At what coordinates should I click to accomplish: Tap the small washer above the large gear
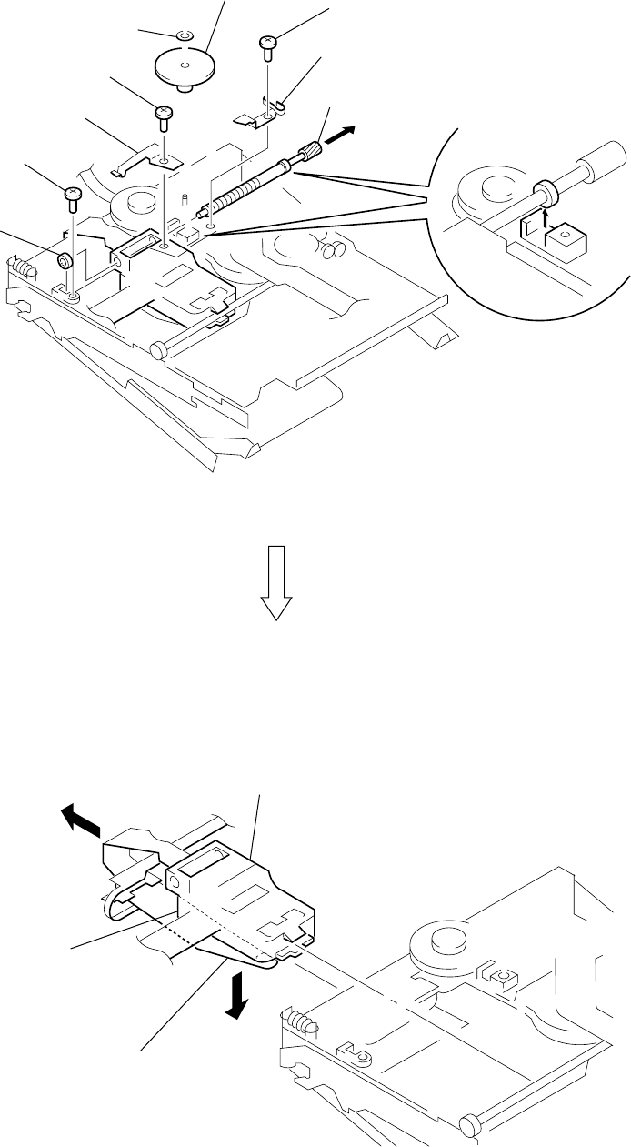click(x=183, y=35)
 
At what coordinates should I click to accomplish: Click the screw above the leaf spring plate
click(x=164, y=113)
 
